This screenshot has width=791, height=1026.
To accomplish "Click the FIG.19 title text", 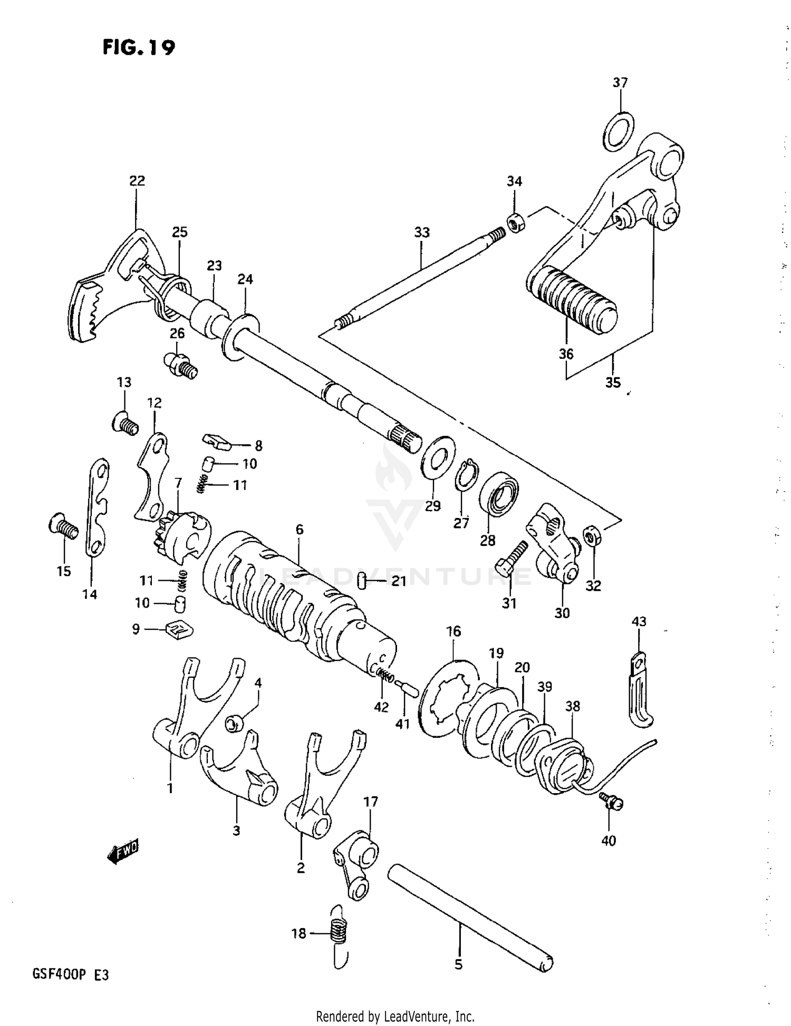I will [x=138, y=47].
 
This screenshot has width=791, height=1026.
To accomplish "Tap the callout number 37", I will [x=620, y=83].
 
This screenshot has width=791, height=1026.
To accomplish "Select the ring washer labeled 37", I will [x=618, y=131].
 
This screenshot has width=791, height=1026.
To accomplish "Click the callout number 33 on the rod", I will [x=422, y=232].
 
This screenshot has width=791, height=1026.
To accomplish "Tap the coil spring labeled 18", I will [x=338, y=934].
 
